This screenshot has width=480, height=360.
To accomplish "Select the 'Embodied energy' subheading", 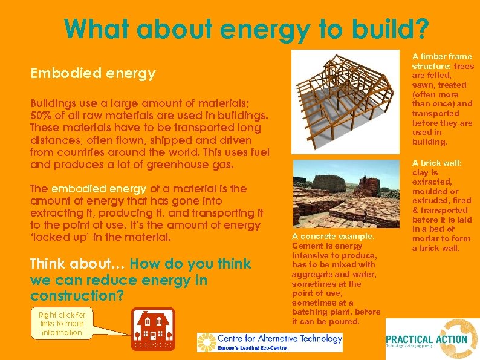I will click(x=93, y=74).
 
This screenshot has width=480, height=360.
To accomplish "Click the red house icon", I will click(x=153, y=329).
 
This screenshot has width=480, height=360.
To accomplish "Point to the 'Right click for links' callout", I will click(x=62, y=324).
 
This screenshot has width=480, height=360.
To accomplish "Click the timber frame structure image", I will click(x=345, y=101).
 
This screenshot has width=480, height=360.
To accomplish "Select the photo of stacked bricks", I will click(x=345, y=194).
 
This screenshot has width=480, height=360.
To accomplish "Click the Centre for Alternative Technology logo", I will click(x=270, y=342).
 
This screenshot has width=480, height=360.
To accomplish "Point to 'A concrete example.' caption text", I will click(x=333, y=237).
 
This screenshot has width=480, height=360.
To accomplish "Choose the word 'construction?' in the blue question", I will click(x=77, y=296).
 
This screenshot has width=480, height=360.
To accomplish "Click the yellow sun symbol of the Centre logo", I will click(x=206, y=342).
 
